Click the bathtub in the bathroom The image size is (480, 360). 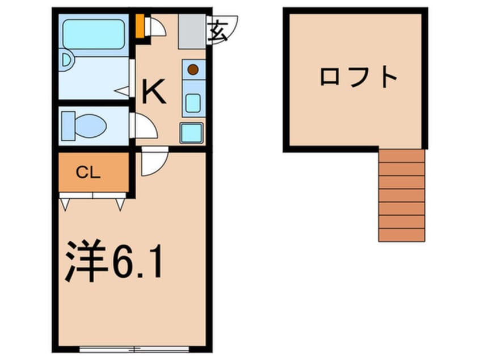94,35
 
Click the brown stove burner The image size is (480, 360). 193,70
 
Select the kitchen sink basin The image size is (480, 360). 193,103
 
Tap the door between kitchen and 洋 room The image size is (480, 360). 153,162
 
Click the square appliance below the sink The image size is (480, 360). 191,133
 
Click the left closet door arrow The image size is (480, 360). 65,203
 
